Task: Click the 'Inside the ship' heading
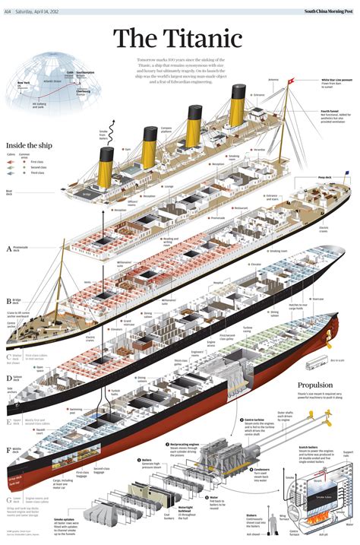pyautogui.click(x=30, y=144)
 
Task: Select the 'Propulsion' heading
pyautogui.click(x=314, y=385)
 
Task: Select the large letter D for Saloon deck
pyautogui.click(x=9, y=376)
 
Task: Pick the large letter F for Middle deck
pyautogui.click(x=9, y=450)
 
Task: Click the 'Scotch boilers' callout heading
pyautogui.click(x=308, y=447)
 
